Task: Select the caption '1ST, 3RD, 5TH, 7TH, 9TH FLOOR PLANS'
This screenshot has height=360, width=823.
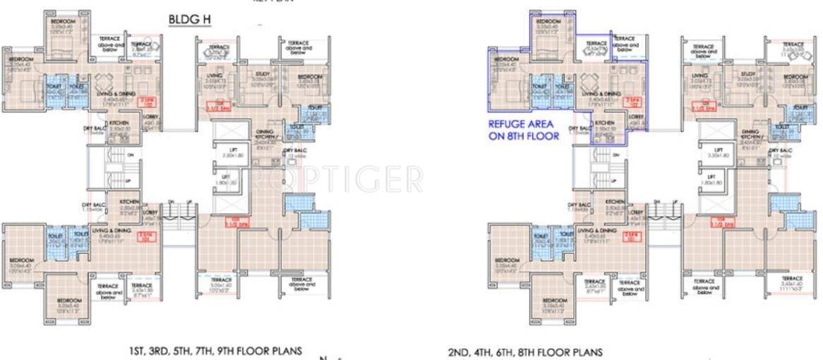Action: pyautogui.click(x=215, y=350)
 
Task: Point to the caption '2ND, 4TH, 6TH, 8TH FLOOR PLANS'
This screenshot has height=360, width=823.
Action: pyautogui.click(x=525, y=351)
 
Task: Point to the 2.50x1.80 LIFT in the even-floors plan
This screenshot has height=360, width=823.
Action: pyautogui.click(x=718, y=152)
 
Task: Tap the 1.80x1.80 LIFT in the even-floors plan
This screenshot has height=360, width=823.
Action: pyautogui.click(x=718, y=180)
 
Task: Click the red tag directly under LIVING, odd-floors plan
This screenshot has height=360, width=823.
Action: pyautogui.click(x=212, y=107)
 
